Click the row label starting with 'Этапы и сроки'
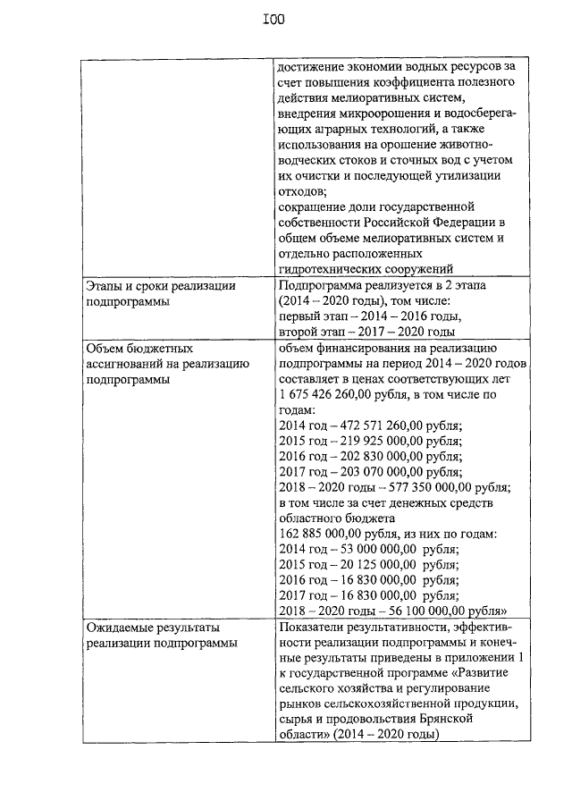tap(160, 286)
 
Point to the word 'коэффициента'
tap(406, 81)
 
